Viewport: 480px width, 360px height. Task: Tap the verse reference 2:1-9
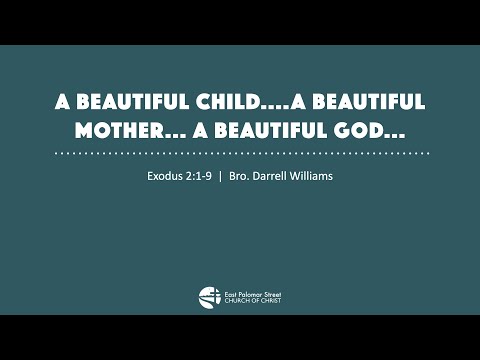tap(200, 177)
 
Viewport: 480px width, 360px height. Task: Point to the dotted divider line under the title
tap(240, 153)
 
